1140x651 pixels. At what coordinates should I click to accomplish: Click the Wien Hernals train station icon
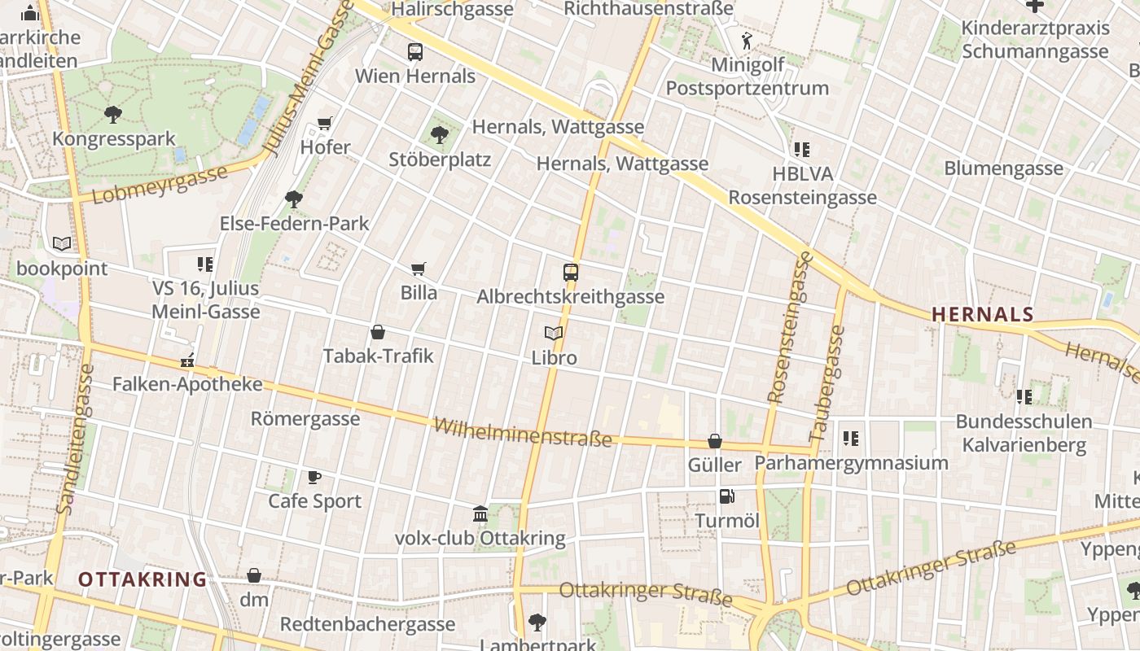[x=415, y=52]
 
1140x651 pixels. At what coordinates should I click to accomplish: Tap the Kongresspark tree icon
[x=113, y=115]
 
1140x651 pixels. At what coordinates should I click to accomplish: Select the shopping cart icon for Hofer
[x=325, y=124]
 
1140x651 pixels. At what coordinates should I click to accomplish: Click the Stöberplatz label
[x=440, y=159]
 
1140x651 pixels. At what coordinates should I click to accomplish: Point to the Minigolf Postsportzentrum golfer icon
[x=747, y=41]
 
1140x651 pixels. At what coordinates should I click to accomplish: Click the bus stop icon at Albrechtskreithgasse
[x=571, y=273]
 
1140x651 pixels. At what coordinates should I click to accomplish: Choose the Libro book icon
[x=554, y=333]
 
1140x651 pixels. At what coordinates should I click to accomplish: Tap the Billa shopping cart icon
[x=419, y=269]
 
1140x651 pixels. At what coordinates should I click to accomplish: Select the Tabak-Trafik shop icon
[x=378, y=332]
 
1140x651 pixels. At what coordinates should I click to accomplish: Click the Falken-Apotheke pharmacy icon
[x=187, y=360]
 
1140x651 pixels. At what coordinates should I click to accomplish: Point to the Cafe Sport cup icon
[x=314, y=477]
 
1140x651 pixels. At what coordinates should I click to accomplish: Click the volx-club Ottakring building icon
[x=480, y=514]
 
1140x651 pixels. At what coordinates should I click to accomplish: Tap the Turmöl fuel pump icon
[x=726, y=496]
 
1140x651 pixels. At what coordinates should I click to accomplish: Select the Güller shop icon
[x=715, y=441]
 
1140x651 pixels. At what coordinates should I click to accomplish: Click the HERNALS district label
[x=983, y=314]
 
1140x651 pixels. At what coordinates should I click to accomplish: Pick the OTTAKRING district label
[x=142, y=579]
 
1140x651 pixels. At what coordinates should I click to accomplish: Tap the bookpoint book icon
[x=61, y=243]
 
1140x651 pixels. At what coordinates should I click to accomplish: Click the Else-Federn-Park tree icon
[x=294, y=199]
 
